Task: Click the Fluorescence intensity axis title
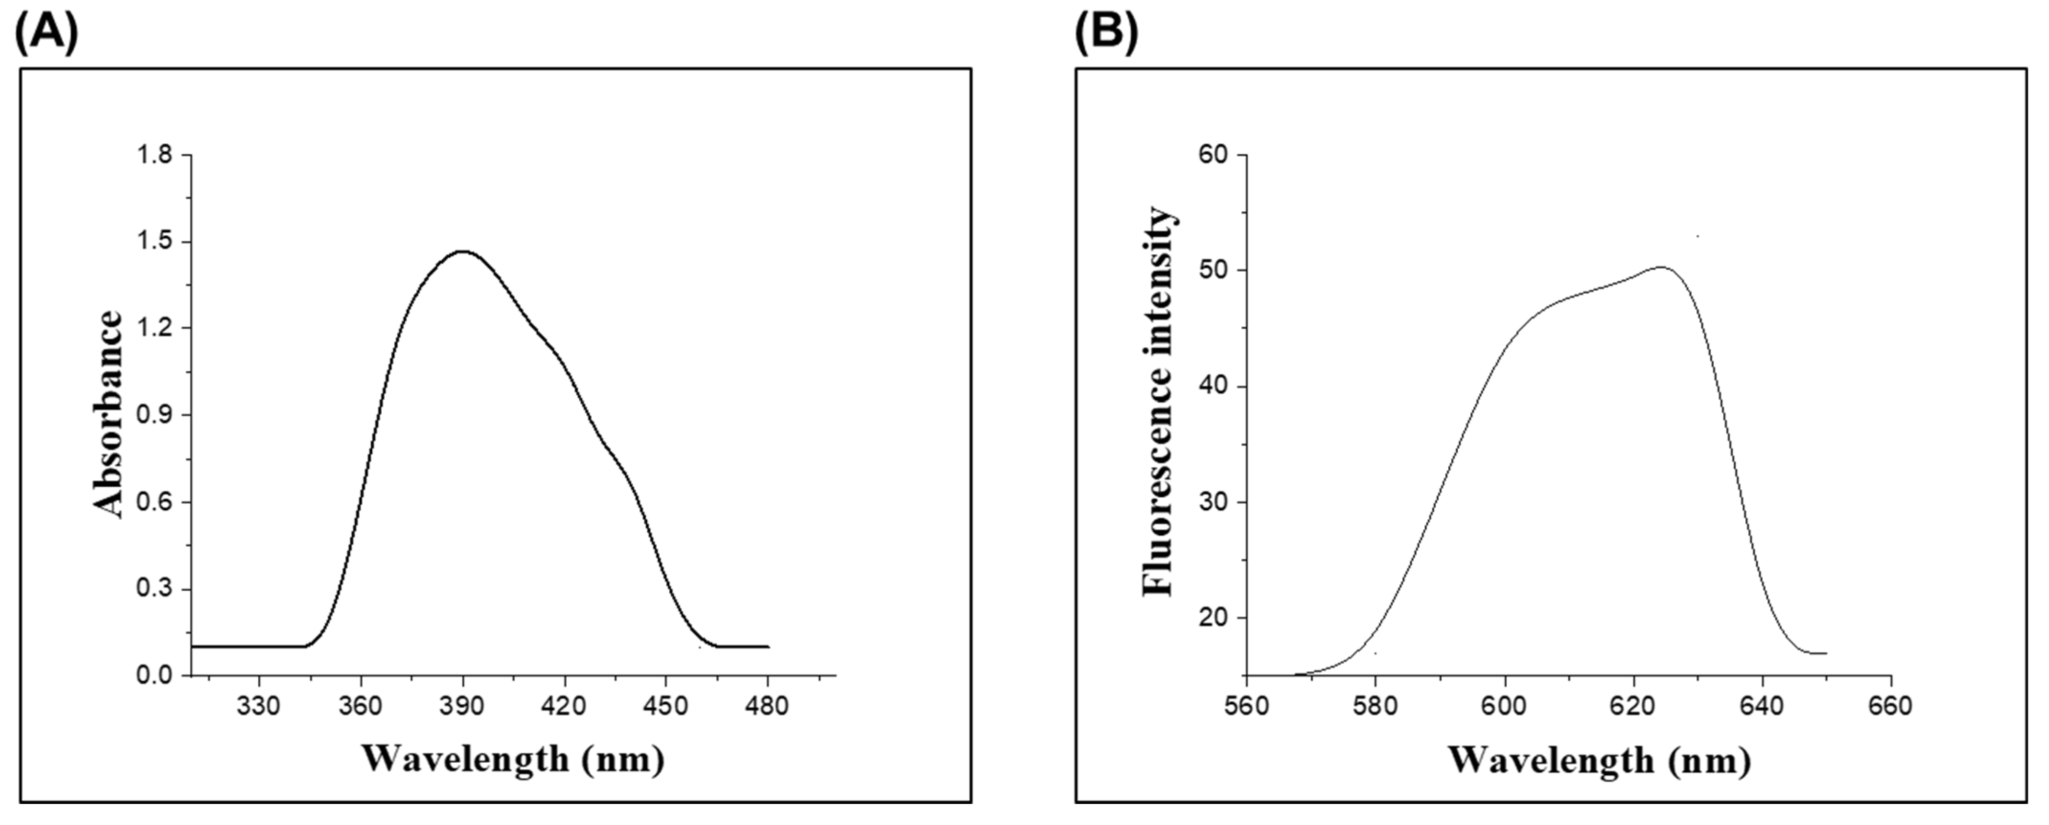tap(1157, 402)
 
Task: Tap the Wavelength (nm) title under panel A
tap(513, 758)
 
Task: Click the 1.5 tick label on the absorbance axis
tap(154, 242)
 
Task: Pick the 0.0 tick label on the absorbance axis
tap(154, 676)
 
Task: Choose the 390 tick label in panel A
tap(463, 706)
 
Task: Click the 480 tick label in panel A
tap(767, 706)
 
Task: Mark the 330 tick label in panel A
tap(259, 706)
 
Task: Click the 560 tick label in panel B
tap(1247, 706)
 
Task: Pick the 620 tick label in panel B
tap(1633, 706)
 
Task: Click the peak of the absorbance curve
tap(463, 252)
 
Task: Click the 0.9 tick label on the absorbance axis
tap(154, 415)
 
